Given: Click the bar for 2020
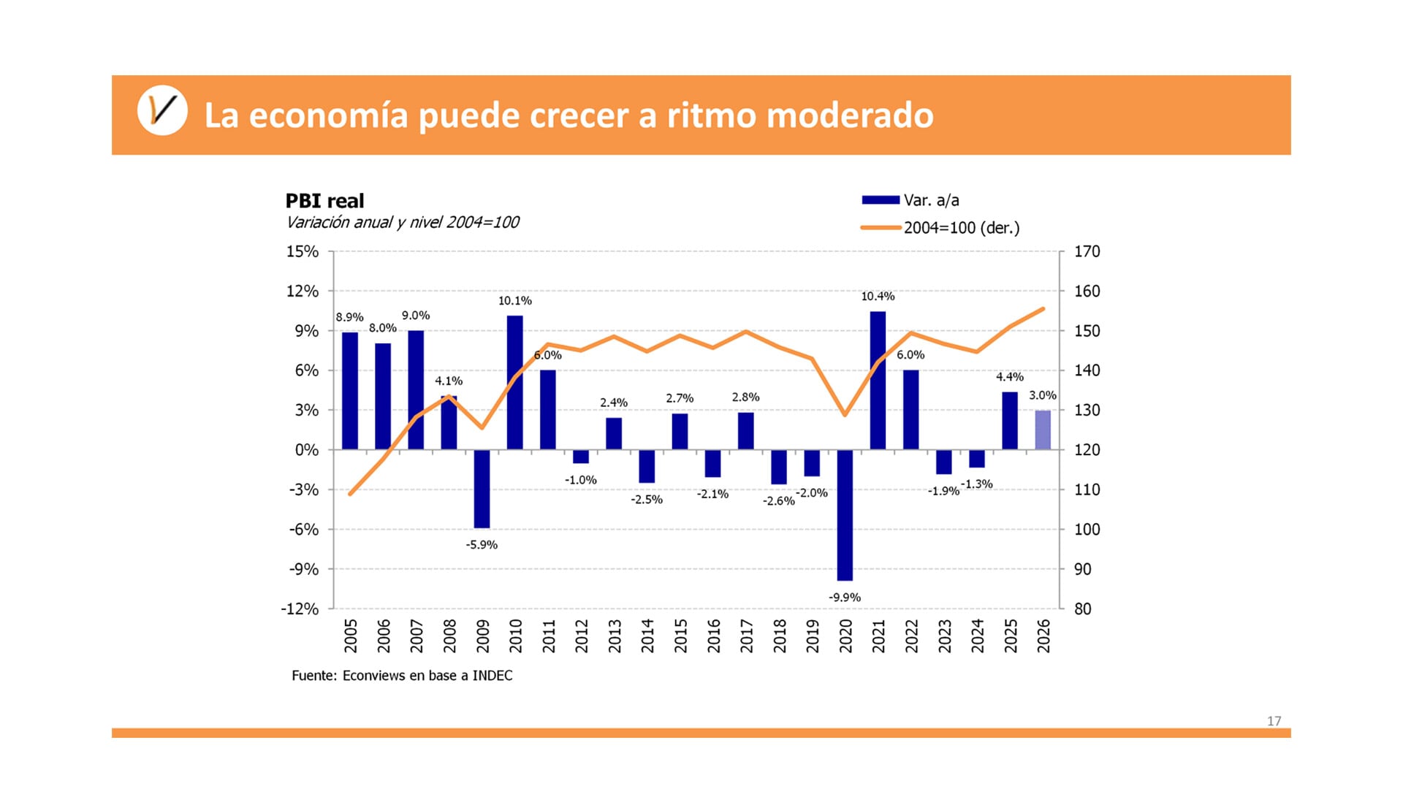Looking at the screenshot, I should click(845, 515).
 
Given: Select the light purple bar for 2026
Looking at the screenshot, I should click(1043, 430).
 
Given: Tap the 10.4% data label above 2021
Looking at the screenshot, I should click(878, 297).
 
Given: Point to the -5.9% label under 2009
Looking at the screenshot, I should click(482, 545).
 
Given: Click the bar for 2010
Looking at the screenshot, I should click(515, 382).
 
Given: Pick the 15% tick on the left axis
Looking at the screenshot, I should click(303, 251).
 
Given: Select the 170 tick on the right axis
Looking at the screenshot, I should click(1087, 251).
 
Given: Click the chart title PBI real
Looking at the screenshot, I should click(324, 201).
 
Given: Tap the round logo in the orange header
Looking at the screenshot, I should click(162, 111).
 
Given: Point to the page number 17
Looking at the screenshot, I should click(1274, 721).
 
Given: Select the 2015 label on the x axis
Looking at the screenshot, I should click(680, 636).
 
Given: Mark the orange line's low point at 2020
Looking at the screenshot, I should click(845, 414).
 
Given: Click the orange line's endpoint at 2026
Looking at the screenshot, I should click(1043, 309).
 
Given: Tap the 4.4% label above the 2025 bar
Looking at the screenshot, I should click(1009, 377).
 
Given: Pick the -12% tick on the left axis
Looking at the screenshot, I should click(300, 609).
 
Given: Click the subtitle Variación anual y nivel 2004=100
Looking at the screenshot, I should click(402, 223).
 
